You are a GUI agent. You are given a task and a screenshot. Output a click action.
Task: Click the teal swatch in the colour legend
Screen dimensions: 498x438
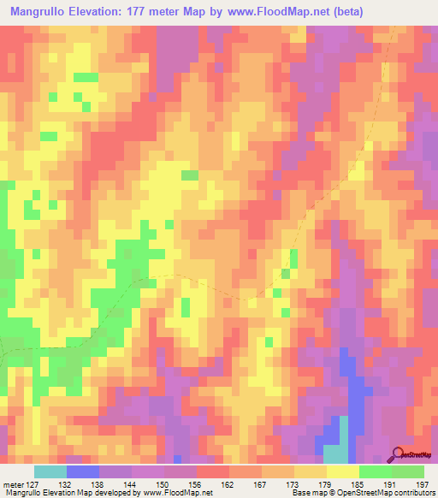pyautogui.click(x=50, y=471)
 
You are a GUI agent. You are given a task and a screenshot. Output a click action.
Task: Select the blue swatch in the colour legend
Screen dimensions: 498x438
pyautogui.click(x=83, y=471)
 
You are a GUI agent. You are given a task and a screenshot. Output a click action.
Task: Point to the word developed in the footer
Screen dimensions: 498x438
pyautogui.click(x=115, y=494)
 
